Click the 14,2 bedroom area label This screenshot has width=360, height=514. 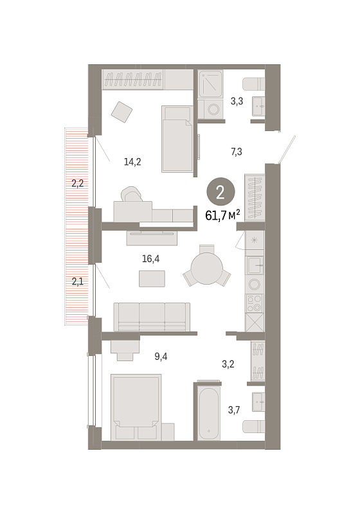tap(132, 162)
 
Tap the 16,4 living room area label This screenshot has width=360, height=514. tap(151, 259)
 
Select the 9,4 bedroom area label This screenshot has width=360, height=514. tap(161, 357)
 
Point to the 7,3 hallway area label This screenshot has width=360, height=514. tap(237, 152)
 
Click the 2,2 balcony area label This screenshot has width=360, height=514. tap(78, 183)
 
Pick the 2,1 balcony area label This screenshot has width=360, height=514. tap(78, 281)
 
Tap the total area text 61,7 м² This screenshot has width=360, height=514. tap(222, 215)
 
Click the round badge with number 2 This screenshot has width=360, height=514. tap(221, 192)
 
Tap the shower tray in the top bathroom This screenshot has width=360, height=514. tap(211, 84)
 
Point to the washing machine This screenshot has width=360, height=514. tap(213, 109)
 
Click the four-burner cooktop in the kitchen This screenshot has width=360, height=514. tap(255, 303)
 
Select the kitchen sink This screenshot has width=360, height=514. tap(255, 265)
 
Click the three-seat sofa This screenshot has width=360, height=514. tap(152, 317)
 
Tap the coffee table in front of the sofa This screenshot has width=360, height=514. tap(152, 279)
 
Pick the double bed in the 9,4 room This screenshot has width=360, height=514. tap(136, 407)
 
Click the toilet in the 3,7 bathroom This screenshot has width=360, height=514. tap(253, 427)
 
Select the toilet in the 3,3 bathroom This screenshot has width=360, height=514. tap(253, 84)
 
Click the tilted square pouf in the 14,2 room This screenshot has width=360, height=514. tap(122, 112)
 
